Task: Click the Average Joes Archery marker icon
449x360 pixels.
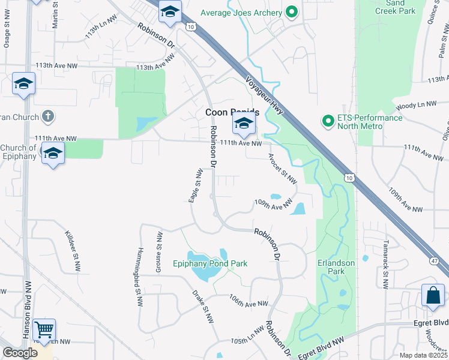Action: tap(292, 13)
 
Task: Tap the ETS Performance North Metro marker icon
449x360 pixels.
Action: tap(328, 122)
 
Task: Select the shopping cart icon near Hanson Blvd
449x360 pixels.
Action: tap(44, 329)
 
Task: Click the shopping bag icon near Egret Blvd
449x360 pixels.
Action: tap(432, 295)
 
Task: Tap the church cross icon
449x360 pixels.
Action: tap(49, 115)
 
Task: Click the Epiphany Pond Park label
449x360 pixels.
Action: tap(210, 263)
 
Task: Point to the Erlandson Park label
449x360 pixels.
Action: tap(336, 267)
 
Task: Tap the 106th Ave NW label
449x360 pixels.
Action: tap(249, 301)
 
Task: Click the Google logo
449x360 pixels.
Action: tap(20, 353)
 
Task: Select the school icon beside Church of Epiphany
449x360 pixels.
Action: tap(53, 154)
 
